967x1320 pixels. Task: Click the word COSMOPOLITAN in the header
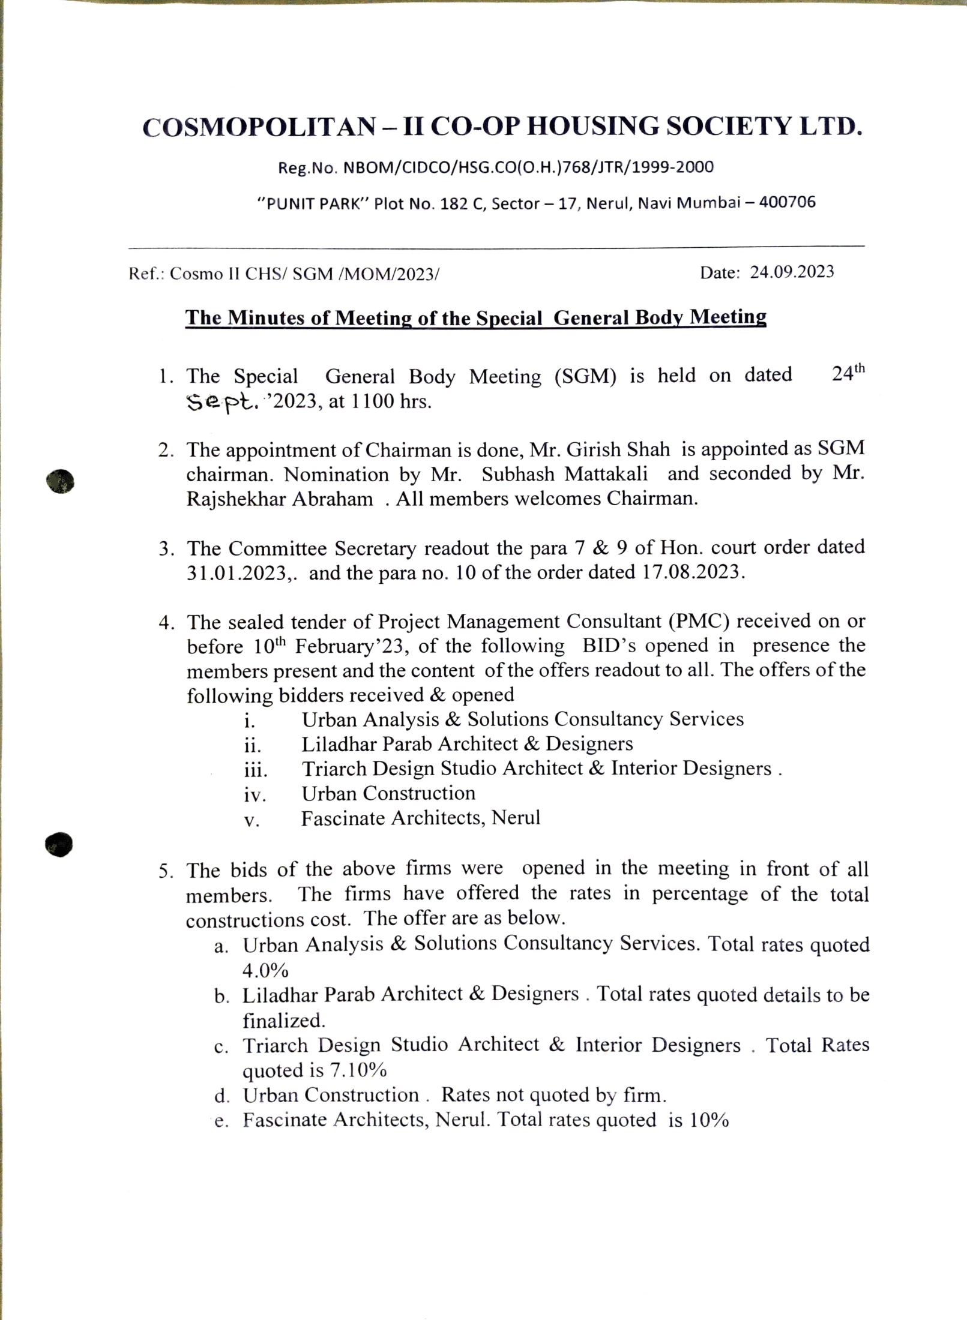tap(259, 127)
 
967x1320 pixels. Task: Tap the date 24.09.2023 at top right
tap(792, 272)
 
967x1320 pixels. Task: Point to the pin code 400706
tap(787, 202)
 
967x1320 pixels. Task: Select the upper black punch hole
tap(60, 481)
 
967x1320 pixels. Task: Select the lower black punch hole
tap(59, 844)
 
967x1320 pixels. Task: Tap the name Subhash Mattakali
tap(564, 474)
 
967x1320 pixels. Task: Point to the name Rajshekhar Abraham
tap(279, 499)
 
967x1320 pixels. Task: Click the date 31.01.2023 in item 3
tap(238, 573)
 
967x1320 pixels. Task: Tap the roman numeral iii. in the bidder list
tap(256, 770)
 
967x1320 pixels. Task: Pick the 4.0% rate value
tap(265, 970)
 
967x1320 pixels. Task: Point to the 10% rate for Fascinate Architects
tap(709, 1120)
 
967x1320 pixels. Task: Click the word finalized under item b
tap(283, 1021)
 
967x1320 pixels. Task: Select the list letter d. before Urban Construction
tap(222, 1096)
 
